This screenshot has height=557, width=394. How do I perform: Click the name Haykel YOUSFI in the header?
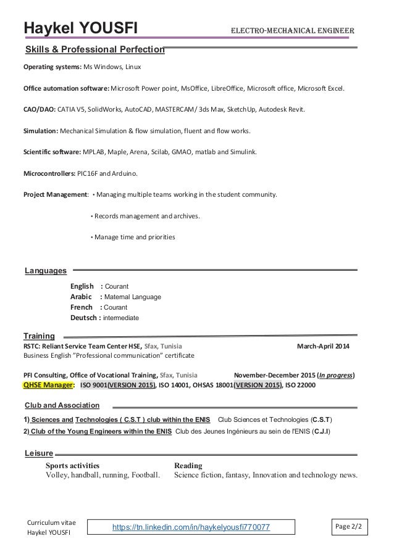pyautogui.click(x=80, y=28)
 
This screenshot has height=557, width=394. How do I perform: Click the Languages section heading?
pyautogui.click(x=45, y=270)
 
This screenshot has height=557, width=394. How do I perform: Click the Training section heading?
pyautogui.click(x=39, y=336)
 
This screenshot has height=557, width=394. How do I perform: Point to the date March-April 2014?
pyautogui.click(x=323, y=346)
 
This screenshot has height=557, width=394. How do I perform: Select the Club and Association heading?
pyautogui.click(x=62, y=405)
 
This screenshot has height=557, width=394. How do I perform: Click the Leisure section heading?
pyautogui.click(x=38, y=453)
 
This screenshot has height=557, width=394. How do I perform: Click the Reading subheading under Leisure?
pyautogui.click(x=188, y=465)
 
